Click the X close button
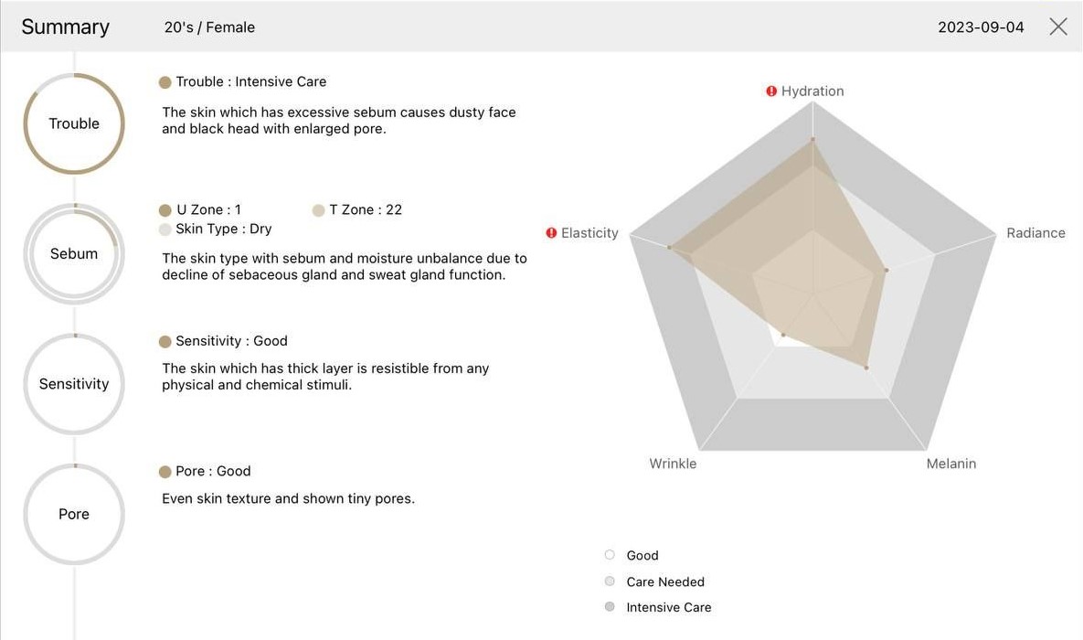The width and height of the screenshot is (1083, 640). pos(1058,27)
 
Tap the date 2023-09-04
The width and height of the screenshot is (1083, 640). pos(981,27)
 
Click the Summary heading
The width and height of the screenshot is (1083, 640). pos(65,27)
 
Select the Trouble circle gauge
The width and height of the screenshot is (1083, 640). pos(74,123)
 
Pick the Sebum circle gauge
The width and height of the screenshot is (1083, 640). pos(74,253)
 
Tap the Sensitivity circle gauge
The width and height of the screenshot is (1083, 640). pos(74,384)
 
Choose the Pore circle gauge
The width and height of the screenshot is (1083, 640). pos(74,514)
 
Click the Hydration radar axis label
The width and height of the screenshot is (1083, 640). pos(812,91)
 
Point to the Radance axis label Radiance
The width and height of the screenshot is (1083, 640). pos(1035,233)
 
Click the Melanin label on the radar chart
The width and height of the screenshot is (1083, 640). pos(950,464)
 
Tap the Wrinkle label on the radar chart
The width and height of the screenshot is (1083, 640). pos(673,464)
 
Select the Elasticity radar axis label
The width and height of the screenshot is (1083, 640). pos(589,233)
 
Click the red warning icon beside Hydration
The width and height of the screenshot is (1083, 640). pos(771,91)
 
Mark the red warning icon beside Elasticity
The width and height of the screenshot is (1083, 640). pos(551,233)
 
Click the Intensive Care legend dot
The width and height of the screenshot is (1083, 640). pos(610,607)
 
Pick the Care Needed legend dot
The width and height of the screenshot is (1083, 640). pos(610,581)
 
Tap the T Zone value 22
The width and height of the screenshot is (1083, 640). pos(394,210)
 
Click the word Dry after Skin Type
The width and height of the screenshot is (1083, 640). pos(260,229)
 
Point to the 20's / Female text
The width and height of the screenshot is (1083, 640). pos(209,27)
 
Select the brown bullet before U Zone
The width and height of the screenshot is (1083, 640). pos(165,210)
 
